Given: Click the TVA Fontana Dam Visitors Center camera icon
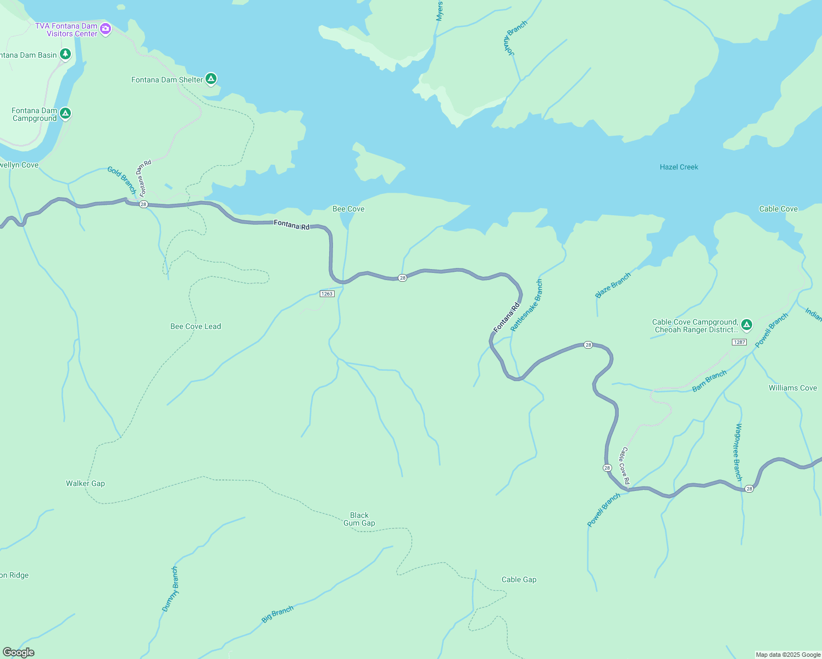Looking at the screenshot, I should tap(105, 29).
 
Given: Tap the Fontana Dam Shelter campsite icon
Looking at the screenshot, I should tap(210, 79).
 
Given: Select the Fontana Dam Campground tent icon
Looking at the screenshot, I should tap(65, 114).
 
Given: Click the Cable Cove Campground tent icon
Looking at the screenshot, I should tap(746, 325).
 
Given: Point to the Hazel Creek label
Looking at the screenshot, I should tap(679, 167).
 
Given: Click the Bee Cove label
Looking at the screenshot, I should tap(348, 209).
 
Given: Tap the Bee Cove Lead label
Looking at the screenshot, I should tap(196, 326).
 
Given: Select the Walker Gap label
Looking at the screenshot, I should tap(85, 483).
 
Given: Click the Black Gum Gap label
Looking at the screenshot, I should tap(359, 519).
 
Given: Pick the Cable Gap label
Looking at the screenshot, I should tap(519, 579).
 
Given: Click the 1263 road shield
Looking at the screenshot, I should tap(327, 294).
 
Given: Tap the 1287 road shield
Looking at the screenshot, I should tap(739, 342).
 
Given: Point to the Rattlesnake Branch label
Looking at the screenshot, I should tap(526, 305).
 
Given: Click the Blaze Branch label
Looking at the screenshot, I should tap(613, 286).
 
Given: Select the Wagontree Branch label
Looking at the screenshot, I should tap(738, 452).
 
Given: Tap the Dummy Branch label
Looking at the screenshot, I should tap(170, 589).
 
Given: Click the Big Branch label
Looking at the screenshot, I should tap(277, 614).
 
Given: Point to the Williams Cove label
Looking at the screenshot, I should tap(792, 388).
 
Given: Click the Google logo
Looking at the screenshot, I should tap(19, 652).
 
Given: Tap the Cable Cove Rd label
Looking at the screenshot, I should tap(625, 466).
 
